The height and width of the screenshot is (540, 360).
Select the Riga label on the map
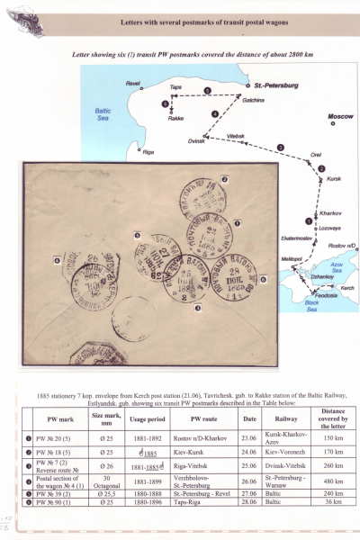pyautogui.click(x=148, y=151)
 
